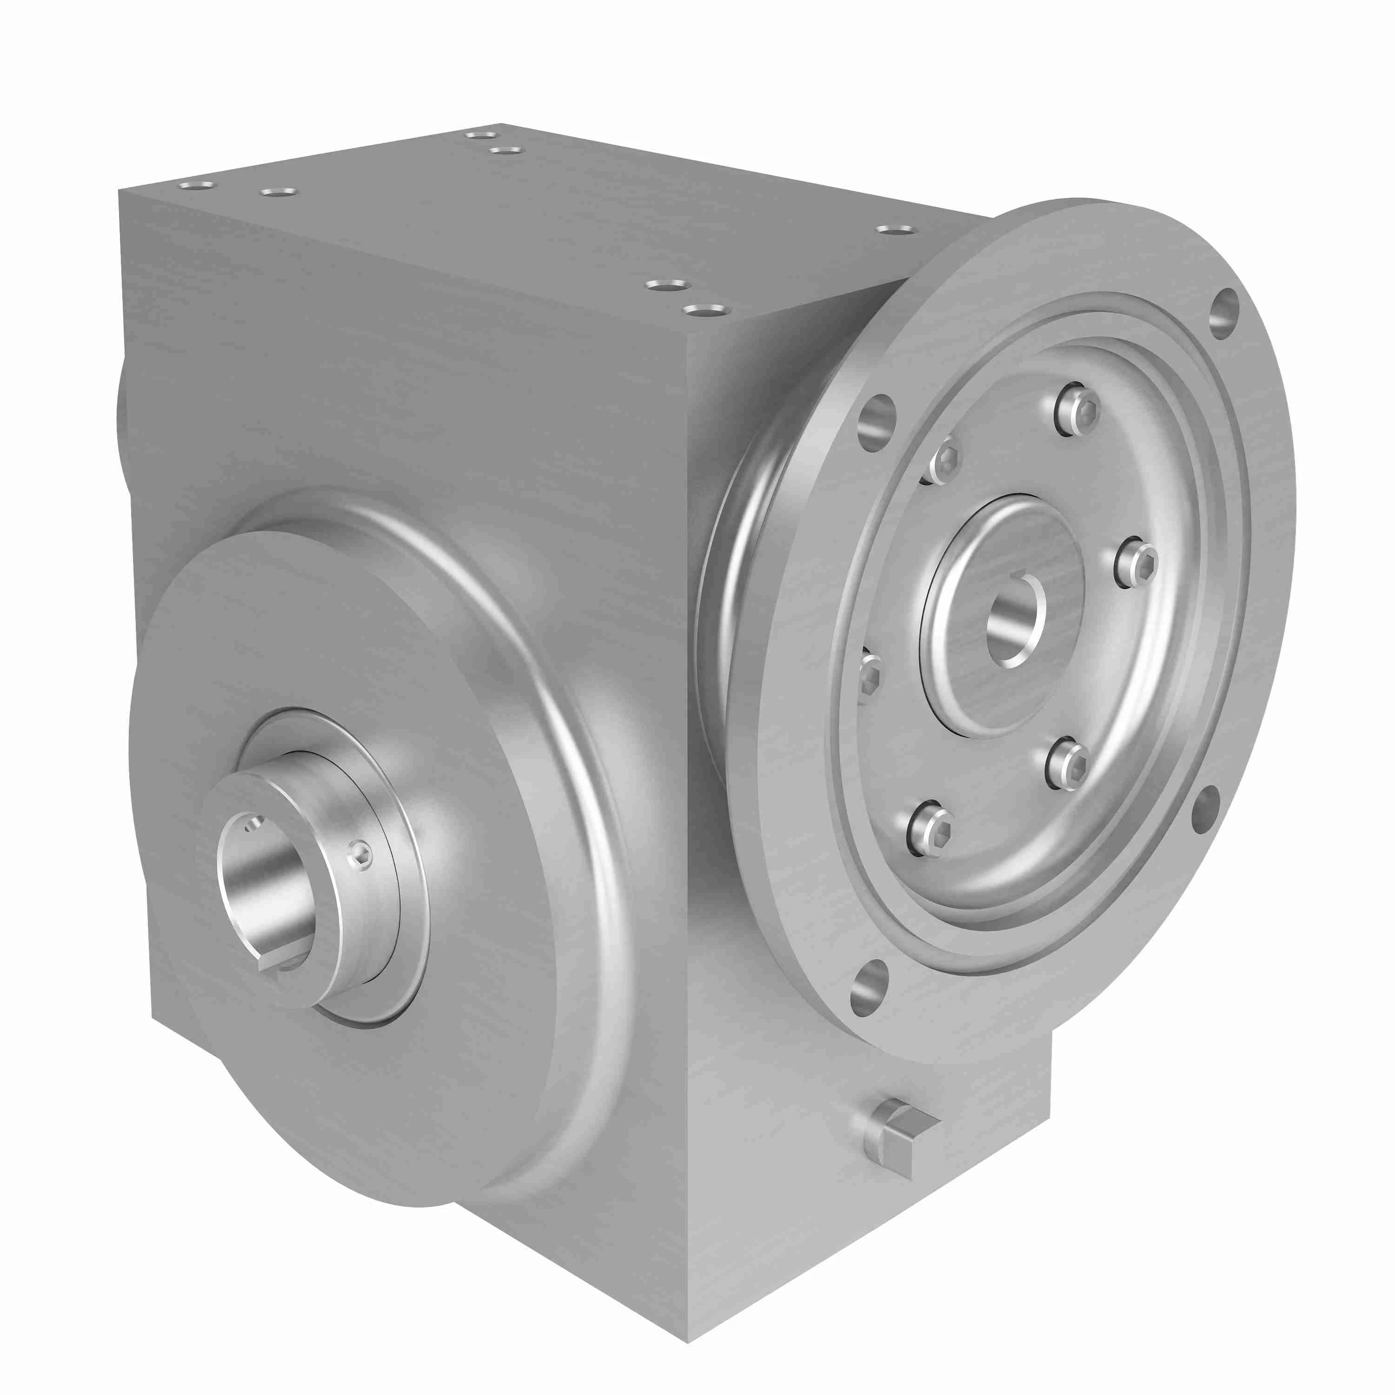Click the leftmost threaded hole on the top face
pyautogui.click(x=196, y=186)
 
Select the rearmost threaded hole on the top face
pyautogui.click(x=481, y=135)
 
